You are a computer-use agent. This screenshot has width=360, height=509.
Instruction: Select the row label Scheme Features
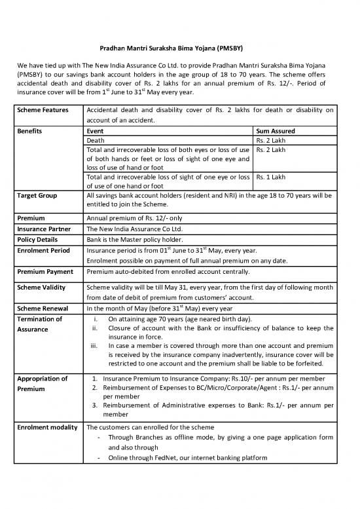pos(43,110)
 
